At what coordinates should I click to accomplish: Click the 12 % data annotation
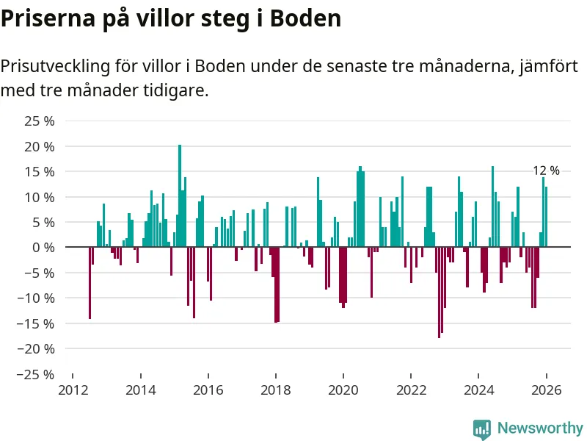pos(546,171)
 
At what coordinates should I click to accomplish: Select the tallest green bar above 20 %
pos(180,196)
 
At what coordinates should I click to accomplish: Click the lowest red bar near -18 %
pos(439,292)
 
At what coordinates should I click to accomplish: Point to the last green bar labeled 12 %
pos(547,217)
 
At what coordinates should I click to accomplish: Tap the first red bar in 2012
pos(90,283)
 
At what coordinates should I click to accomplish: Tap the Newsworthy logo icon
pos(481,428)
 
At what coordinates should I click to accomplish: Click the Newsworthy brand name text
pos(540,428)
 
